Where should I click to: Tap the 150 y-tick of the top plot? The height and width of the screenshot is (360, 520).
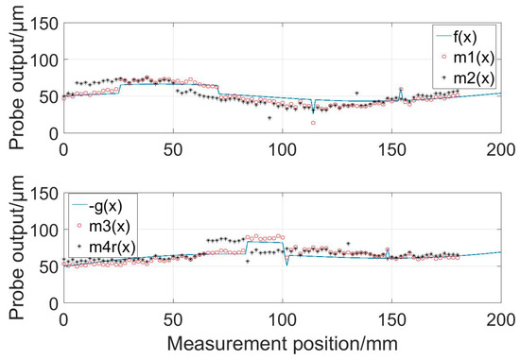click(42, 24)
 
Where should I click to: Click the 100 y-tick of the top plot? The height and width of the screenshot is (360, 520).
click(42, 60)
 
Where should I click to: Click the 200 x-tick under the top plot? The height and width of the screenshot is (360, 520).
click(500, 148)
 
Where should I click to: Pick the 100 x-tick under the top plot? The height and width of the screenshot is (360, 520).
click(282, 148)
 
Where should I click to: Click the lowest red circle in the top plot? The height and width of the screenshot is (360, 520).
click(314, 123)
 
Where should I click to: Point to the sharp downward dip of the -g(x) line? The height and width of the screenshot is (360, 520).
click(286, 265)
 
